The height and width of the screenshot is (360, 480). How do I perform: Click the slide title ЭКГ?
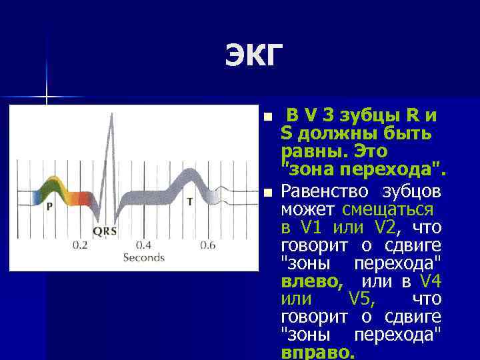pyautogui.click(x=254, y=58)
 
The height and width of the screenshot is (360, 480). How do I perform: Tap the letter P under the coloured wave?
pyautogui.click(x=49, y=207)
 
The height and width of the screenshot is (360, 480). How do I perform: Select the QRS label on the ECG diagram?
pyautogui.click(x=105, y=231)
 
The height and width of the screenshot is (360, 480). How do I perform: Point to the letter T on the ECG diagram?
pyautogui.click(x=190, y=201)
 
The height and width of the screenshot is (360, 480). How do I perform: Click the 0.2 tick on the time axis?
pyautogui.click(x=80, y=245)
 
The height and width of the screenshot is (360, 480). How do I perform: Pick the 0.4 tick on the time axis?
pyautogui.click(x=143, y=245)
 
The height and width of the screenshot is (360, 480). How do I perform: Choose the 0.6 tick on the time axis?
pyautogui.click(x=207, y=245)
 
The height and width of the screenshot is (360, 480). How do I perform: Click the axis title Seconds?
pyautogui.click(x=143, y=257)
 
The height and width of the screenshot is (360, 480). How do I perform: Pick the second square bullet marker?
pyautogui.click(x=267, y=193)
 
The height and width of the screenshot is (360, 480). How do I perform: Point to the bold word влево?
pyautogui.click(x=312, y=281)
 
